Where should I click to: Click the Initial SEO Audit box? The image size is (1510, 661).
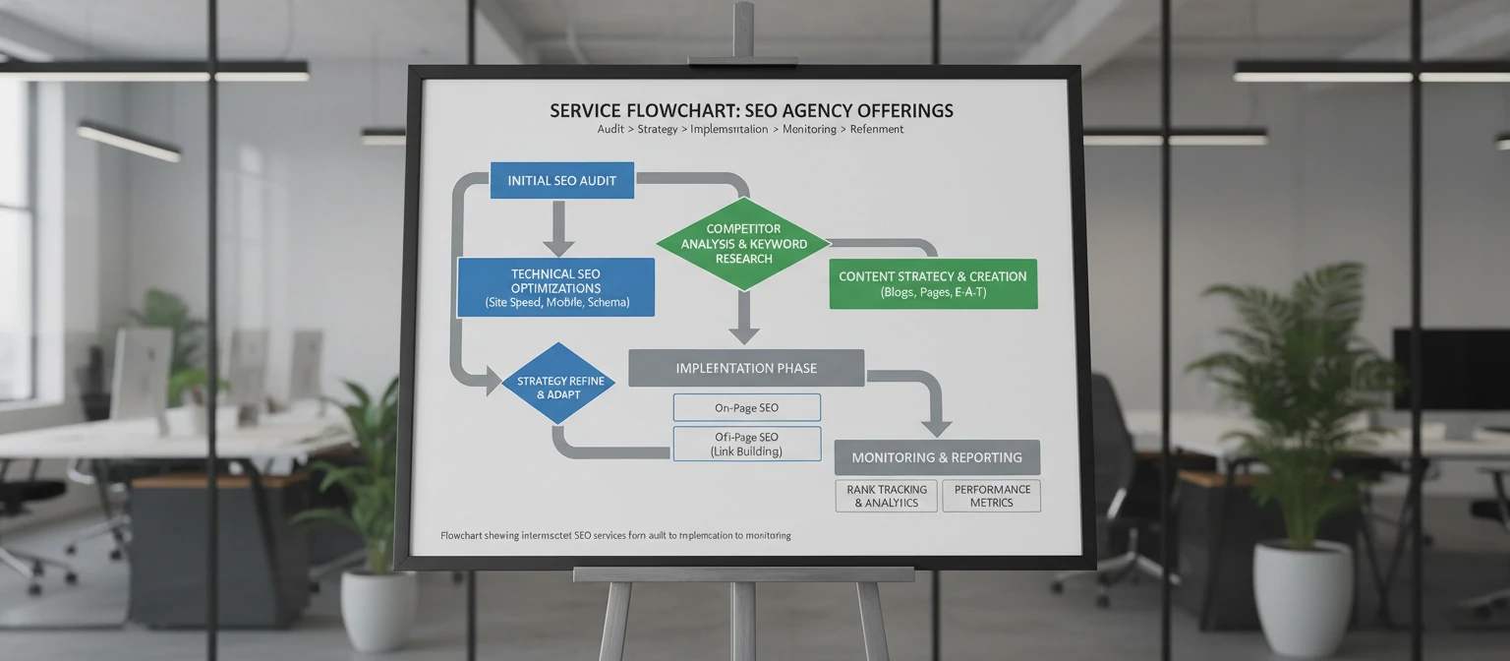(561, 181)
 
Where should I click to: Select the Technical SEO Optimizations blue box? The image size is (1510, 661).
(555, 287)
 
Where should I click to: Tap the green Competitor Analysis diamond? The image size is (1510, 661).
(743, 244)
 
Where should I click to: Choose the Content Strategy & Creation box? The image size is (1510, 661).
(932, 283)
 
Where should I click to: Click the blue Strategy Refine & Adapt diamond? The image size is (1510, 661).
(557, 384)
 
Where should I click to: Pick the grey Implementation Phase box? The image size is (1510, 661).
(745, 368)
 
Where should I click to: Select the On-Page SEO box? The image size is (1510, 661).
(746, 407)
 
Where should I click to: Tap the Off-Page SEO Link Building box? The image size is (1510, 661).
(746, 444)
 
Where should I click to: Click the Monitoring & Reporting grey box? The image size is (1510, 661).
(936, 457)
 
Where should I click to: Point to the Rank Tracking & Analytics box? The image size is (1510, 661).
(886, 496)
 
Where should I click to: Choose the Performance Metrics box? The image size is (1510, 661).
(991, 496)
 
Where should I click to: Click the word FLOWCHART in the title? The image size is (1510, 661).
(685, 110)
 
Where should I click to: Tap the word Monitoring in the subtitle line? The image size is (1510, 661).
(809, 130)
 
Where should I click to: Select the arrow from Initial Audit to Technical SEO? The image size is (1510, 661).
(558, 228)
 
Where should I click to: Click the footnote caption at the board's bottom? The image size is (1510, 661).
(615, 536)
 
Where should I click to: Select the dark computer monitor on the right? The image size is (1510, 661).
(1450, 369)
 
